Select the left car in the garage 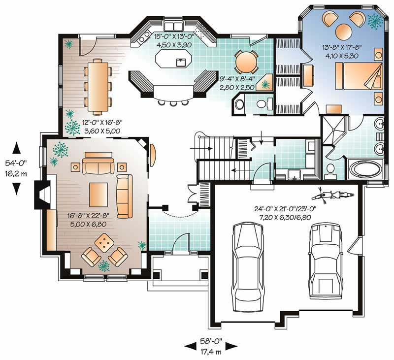(x=245, y=266)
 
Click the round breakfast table (x=245, y=62)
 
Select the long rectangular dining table (x=98, y=84)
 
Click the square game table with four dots (x=104, y=242)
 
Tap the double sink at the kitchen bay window (x=173, y=26)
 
